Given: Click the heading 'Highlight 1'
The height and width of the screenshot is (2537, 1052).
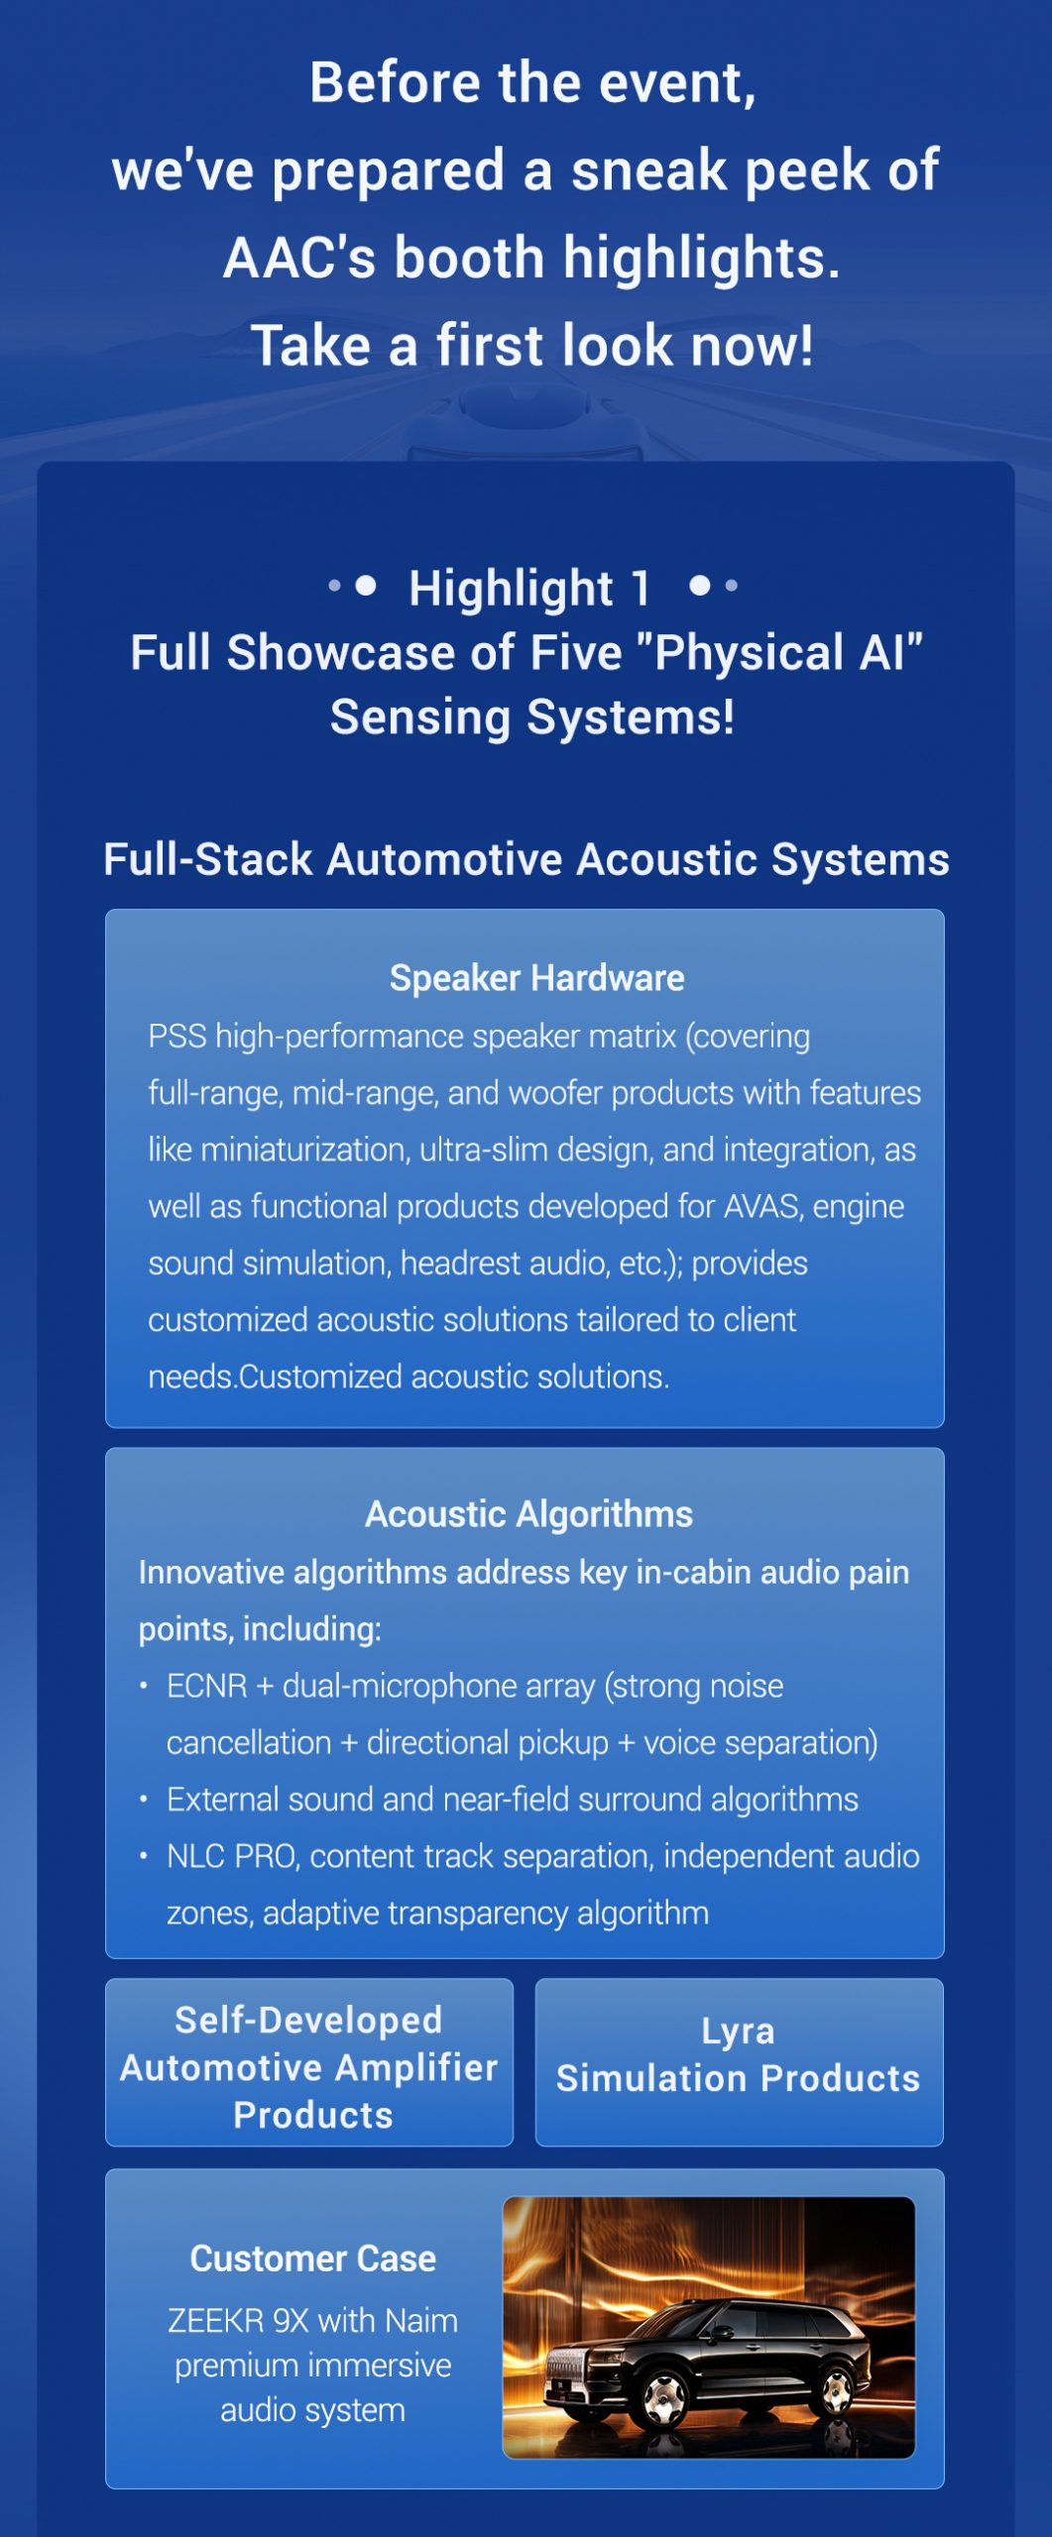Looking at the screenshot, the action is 529,588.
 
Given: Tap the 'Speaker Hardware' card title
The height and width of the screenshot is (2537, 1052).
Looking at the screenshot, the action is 536,978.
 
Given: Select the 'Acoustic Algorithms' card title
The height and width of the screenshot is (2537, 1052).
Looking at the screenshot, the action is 528,1514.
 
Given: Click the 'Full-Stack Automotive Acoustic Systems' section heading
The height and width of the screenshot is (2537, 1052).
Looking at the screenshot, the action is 526,859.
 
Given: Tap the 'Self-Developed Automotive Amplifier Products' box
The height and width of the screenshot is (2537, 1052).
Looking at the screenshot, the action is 309,2062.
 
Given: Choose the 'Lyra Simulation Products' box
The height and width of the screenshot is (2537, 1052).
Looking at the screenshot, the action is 739,2062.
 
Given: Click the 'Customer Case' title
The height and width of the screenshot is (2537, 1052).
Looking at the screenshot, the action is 313,2259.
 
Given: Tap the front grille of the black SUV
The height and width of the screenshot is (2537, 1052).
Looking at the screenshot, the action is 568,2375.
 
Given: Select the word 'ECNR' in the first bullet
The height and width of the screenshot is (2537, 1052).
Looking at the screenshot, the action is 207,1686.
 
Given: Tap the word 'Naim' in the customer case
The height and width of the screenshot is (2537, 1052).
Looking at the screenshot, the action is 421,2321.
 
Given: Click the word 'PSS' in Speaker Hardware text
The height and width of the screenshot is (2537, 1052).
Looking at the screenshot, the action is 177,1037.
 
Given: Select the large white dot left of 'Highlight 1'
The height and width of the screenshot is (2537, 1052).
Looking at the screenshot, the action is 366,586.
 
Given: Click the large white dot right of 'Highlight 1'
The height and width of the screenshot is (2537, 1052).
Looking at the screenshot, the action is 700,586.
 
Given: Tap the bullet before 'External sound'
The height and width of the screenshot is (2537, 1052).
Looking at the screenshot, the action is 144,1799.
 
